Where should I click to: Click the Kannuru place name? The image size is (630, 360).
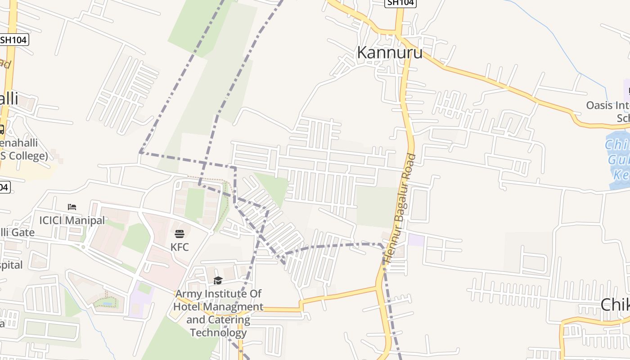click(389, 53)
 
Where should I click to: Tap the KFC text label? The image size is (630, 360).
click(180, 247)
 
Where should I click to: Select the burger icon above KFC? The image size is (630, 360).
click(180, 234)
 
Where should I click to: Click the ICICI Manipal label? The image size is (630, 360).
click(72, 220)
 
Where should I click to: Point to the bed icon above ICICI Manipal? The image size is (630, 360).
click(72, 207)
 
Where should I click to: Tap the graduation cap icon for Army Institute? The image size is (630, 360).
click(218, 281)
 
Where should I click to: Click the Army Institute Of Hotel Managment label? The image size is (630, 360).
click(218, 300)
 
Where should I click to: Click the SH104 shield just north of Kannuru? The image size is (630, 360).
click(400, 3)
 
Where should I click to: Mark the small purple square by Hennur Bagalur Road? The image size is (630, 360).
click(416, 240)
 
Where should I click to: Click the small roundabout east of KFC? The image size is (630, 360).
click(211, 232)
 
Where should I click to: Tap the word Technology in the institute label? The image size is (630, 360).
click(218, 333)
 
